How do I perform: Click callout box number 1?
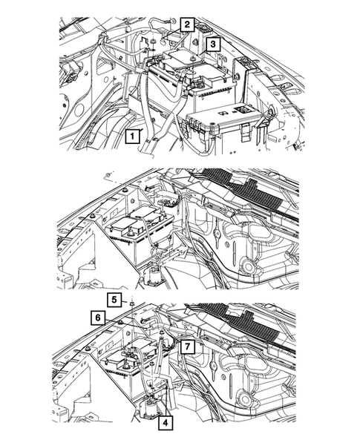[132, 137]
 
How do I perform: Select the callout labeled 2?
[187, 24]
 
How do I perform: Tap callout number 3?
[213, 44]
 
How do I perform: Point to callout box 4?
[165, 423]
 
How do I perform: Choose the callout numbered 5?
[114, 300]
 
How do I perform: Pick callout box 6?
[97, 318]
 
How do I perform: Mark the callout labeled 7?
[187, 347]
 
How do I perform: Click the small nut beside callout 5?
[131, 303]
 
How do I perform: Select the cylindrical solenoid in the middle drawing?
[153, 276]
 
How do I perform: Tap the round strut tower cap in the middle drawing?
[248, 267]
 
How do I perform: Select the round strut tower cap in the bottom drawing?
[245, 398]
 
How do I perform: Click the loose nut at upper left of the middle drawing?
[108, 175]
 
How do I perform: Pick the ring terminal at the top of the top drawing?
[172, 20]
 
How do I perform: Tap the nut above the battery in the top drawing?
[153, 42]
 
